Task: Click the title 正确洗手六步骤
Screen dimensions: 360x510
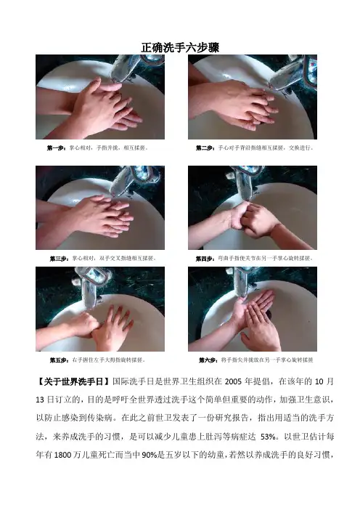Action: (x=180, y=47)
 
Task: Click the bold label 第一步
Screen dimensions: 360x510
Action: (x=57, y=148)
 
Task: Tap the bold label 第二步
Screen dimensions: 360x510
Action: (x=205, y=148)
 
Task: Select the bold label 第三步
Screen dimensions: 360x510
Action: (x=60, y=259)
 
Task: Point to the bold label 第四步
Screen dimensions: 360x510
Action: (x=205, y=259)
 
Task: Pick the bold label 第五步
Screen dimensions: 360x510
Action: (x=60, y=360)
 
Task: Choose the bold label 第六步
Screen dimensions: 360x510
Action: (x=208, y=360)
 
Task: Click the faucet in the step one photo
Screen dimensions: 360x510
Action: (x=136, y=67)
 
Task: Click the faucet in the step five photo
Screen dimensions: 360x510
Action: (x=91, y=286)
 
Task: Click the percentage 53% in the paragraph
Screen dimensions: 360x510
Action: (x=268, y=437)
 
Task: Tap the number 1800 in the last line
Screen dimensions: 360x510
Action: (x=62, y=455)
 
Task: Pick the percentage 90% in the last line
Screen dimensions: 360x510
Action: (x=149, y=455)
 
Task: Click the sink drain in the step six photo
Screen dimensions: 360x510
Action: (x=268, y=314)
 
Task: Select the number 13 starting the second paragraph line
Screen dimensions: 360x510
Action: (x=40, y=400)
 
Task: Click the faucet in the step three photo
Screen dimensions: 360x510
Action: (x=134, y=180)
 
